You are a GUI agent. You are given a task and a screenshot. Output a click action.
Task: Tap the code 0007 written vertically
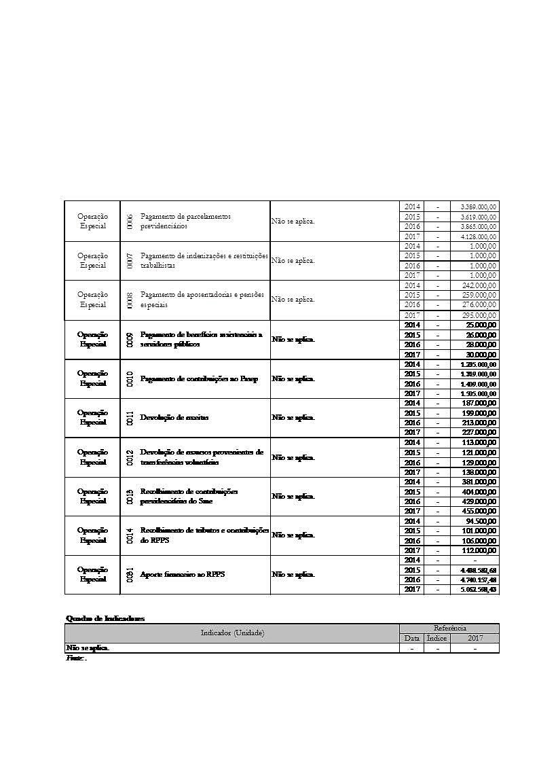click(129, 260)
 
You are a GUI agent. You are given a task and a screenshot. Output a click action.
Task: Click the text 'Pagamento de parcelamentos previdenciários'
click(185, 221)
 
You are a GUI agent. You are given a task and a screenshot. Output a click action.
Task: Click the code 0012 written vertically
click(129, 457)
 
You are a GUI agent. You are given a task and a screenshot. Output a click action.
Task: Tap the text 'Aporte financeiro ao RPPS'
click(182, 574)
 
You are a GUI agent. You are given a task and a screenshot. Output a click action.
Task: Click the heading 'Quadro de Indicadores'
click(105, 618)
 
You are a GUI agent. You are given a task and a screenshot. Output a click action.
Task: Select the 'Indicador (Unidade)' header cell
click(232, 633)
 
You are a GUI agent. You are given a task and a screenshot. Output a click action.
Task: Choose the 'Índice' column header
click(437, 639)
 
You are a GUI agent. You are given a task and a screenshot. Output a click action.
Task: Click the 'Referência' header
click(449, 628)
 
